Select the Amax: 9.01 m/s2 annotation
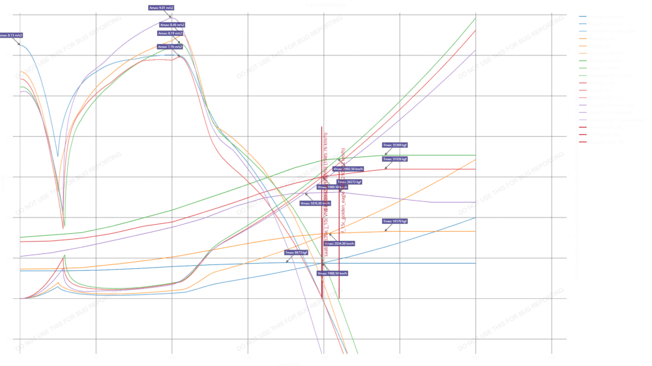click(161, 8)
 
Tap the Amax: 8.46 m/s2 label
click(172, 25)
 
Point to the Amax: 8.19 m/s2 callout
click(171, 33)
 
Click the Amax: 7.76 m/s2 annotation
click(170, 47)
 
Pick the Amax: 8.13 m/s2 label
click(11, 35)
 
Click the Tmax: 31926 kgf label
click(395, 158)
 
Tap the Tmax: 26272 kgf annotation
click(349, 182)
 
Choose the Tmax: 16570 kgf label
click(395, 221)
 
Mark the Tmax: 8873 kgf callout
click(297, 252)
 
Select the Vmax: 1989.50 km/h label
click(331, 187)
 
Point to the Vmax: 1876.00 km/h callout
click(316, 203)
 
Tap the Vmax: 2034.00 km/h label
click(340, 243)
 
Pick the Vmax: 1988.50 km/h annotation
click(333, 274)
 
